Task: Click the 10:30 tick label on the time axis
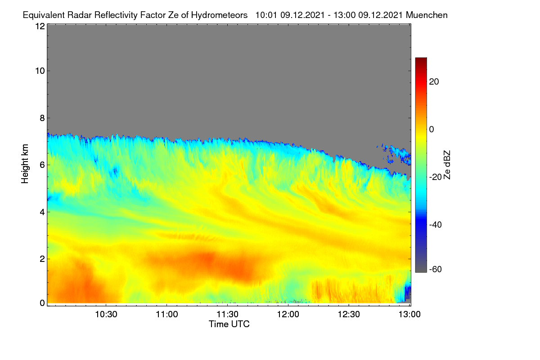click(106, 315)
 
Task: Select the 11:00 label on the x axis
click(166, 315)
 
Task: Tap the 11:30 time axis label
click(227, 315)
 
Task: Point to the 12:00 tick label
click(288, 315)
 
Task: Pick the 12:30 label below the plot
click(349, 315)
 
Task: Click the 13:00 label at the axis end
click(409, 315)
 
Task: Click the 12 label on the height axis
click(40, 26)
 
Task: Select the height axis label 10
click(40, 71)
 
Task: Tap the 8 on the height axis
click(42, 118)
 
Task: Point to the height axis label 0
click(42, 303)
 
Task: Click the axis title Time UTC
click(229, 324)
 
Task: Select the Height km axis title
click(25, 164)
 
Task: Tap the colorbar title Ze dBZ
click(447, 165)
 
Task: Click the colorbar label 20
click(434, 82)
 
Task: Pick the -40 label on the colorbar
click(436, 225)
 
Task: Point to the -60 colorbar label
click(436, 270)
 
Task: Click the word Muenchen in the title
click(427, 15)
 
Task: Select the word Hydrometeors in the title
click(220, 15)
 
